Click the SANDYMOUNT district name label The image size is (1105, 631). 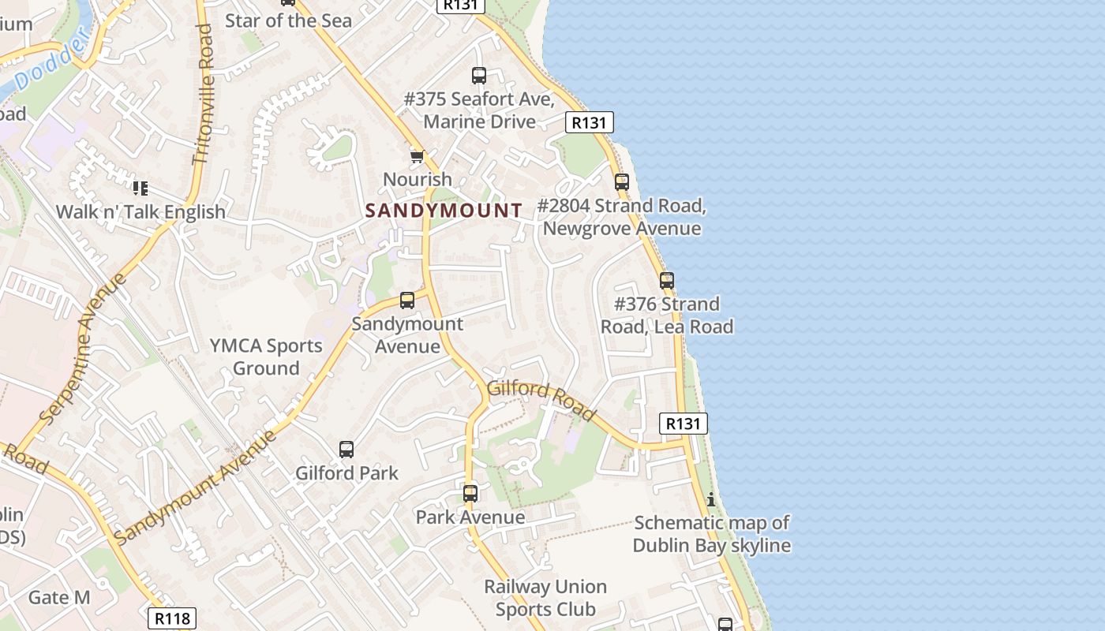444,211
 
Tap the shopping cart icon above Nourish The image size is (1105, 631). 417,156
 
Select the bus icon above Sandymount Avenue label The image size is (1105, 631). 407,300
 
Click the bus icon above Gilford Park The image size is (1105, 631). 346,450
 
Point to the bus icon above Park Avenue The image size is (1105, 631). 470,494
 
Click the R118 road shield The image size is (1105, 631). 172,618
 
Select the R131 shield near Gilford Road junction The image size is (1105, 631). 683,424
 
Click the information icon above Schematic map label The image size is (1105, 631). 711,499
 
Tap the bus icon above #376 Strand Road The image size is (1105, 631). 667,280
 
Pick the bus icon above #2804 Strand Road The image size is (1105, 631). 622,182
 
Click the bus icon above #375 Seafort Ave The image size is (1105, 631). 479,76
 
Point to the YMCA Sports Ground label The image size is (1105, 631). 266,357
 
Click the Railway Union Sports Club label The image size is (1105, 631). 545,598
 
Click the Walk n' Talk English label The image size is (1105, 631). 140,211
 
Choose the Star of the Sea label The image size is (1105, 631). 288,21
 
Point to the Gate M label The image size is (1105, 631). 59,597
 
